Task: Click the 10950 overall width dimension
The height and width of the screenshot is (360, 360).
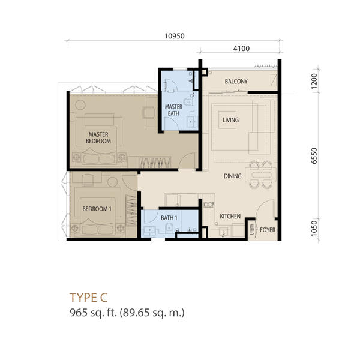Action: click(x=175, y=36)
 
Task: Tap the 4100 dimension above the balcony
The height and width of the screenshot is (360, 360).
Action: click(x=241, y=49)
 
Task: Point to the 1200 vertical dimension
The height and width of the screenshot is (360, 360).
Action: click(x=314, y=81)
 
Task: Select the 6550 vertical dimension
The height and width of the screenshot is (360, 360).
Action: click(x=314, y=156)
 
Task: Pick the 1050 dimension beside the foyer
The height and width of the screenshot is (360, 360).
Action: click(x=314, y=229)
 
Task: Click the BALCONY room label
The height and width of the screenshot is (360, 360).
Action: click(x=236, y=81)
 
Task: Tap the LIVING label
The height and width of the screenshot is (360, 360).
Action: click(x=230, y=120)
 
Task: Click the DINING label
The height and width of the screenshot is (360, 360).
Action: click(x=233, y=176)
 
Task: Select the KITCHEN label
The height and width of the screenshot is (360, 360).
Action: click(x=230, y=216)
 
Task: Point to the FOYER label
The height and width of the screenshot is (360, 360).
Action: click(x=268, y=230)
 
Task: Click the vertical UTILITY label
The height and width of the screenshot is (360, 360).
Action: click(x=251, y=229)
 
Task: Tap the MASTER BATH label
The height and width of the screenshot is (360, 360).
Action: click(x=173, y=110)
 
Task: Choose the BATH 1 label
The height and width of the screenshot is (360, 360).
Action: click(x=169, y=218)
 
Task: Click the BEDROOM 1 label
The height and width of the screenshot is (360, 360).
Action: click(x=97, y=209)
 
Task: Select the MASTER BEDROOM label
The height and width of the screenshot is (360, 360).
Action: click(x=98, y=137)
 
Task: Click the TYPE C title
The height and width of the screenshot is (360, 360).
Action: click(x=88, y=298)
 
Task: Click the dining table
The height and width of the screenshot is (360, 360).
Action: click(x=260, y=175)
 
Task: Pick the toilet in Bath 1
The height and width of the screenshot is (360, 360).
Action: click(x=169, y=227)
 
